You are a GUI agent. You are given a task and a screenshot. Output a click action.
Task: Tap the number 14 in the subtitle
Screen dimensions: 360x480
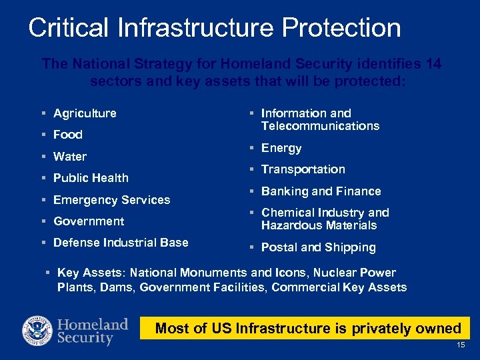[433, 64]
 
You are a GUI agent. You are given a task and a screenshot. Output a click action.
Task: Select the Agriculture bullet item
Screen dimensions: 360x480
[85, 113]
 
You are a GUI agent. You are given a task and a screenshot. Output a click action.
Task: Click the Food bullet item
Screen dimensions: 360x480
[68, 135]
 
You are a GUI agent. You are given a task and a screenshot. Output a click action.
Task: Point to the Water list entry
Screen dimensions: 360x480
[70, 157]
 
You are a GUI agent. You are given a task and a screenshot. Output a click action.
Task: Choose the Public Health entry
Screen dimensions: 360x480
[91, 178]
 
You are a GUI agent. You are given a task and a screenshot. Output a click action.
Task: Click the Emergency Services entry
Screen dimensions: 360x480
[111, 200]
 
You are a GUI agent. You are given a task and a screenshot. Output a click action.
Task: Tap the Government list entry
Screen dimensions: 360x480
[89, 221]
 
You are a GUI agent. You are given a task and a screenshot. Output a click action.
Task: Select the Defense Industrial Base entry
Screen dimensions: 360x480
[121, 243]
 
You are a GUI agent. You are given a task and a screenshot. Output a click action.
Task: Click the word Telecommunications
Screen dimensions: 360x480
[320, 126]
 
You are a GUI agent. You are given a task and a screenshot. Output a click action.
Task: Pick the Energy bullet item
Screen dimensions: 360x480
[281, 148]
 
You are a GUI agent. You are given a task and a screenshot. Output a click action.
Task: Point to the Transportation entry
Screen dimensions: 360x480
[303, 169]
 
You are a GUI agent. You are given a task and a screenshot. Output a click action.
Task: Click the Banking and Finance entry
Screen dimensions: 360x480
[321, 191]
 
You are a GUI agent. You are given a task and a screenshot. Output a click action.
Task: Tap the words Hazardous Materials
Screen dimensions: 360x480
[319, 225]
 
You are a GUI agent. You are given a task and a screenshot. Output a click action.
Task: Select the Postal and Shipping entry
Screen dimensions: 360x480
[318, 247]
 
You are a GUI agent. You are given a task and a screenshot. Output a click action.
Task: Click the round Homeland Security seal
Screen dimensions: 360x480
[37, 331]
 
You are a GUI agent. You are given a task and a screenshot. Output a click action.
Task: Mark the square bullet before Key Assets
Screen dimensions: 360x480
[48, 273]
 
